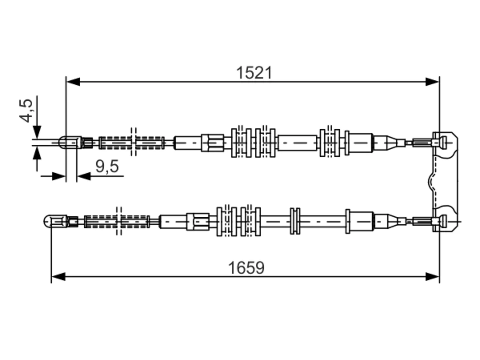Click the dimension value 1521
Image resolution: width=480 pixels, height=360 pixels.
click(254, 73)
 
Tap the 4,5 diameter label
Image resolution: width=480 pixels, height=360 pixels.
click(26, 111)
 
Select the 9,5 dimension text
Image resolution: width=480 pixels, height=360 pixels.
click(107, 166)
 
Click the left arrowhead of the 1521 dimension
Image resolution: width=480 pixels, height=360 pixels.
click(73, 82)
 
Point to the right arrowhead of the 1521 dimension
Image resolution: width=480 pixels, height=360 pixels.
click(432, 82)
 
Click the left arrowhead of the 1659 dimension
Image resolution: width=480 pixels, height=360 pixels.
click(58, 277)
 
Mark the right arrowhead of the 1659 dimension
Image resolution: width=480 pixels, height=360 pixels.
click(432, 277)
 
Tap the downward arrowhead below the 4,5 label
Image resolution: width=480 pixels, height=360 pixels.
click(37, 132)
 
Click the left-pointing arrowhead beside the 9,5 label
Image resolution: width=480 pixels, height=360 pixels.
click(84, 176)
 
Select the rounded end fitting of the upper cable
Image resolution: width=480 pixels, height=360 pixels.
click(70, 142)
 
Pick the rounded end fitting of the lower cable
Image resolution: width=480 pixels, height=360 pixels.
click(55, 221)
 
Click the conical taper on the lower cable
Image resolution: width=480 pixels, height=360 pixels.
click(390, 222)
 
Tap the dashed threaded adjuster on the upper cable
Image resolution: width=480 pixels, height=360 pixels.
click(131, 143)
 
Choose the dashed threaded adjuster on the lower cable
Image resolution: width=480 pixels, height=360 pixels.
click(117, 222)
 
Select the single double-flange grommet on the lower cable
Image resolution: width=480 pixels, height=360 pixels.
click(295, 221)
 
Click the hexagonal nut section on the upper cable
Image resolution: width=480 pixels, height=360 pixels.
click(213, 143)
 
